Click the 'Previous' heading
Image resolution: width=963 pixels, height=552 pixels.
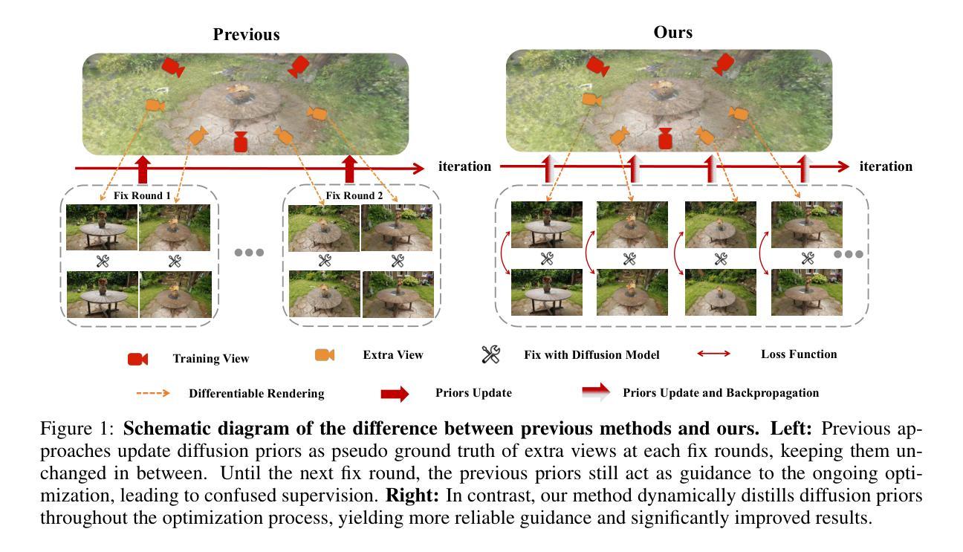246,34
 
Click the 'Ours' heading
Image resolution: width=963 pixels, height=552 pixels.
672,32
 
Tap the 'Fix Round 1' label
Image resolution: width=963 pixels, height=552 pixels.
142,196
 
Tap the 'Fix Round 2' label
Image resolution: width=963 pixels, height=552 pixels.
354,196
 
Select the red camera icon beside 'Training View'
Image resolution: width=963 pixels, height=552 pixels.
137,359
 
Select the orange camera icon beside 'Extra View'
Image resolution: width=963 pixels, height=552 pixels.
325,355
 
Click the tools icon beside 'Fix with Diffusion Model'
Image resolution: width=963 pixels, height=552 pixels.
490,355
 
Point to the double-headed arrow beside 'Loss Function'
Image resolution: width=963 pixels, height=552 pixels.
713,354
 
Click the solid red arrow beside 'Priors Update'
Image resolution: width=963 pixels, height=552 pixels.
395,394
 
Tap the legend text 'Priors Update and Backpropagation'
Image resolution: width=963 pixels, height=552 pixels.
721,393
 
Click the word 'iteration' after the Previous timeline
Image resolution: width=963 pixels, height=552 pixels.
464,166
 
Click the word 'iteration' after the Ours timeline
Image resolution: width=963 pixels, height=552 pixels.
886,166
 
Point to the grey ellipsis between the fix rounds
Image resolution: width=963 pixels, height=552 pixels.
249,253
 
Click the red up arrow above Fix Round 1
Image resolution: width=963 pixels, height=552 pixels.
143,169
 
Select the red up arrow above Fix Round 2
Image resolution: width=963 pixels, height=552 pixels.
351,169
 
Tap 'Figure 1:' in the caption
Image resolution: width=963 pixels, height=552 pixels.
78,429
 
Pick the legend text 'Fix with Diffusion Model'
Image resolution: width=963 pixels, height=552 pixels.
591,355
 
